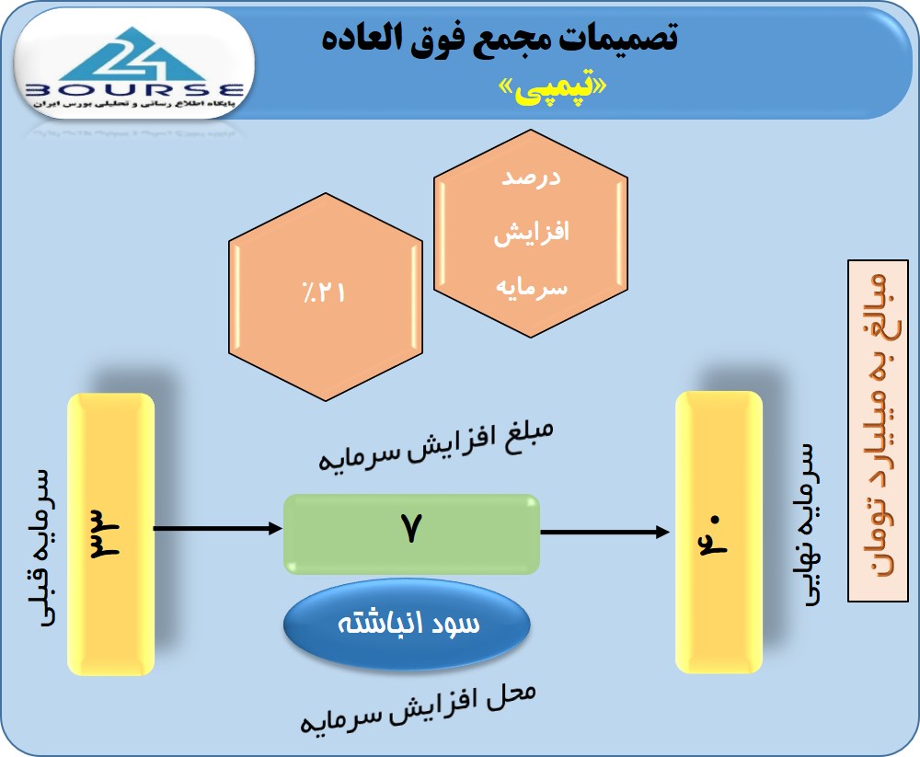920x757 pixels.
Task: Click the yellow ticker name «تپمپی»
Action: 552,87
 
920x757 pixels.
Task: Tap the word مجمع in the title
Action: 494,38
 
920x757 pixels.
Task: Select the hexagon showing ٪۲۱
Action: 325,297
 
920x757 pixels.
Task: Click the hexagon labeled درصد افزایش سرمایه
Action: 531,233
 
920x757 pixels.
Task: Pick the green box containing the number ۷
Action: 412,534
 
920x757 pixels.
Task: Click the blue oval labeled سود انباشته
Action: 408,624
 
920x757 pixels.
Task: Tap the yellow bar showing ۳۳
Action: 111,534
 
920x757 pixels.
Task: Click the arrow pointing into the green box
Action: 218,528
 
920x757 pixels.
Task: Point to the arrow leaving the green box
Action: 605,533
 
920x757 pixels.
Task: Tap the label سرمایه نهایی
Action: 808,524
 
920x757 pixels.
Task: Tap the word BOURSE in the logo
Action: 134,90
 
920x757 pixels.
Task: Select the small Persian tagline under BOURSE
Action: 134,104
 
